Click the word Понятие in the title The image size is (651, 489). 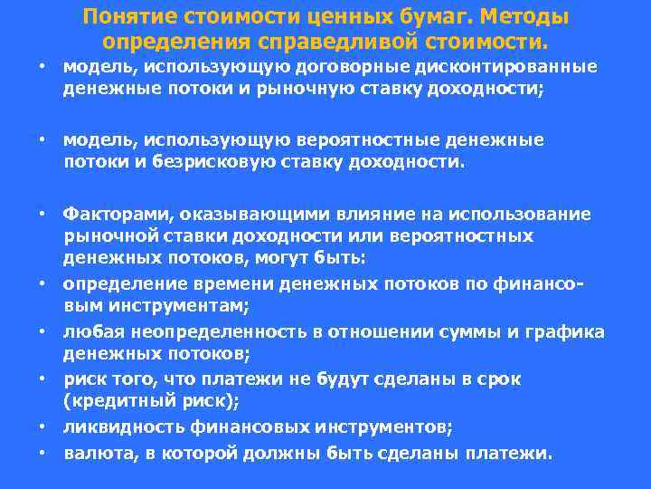tap(127, 18)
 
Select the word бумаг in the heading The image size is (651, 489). tap(427, 18)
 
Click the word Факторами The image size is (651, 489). tap(117, 214)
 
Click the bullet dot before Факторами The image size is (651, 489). tap(42, 214)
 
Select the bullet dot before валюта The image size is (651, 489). tap(42, 452)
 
